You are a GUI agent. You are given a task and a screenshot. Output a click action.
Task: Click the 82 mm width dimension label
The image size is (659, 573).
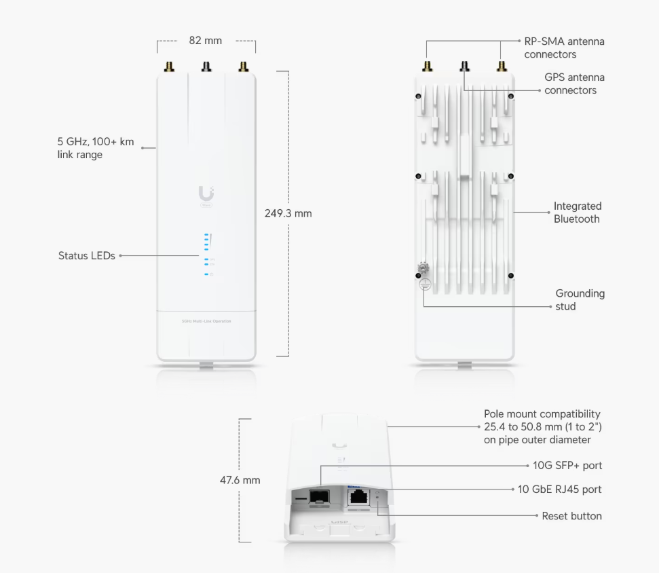205,41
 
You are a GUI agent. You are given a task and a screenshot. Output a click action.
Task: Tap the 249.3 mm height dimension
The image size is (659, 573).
288,213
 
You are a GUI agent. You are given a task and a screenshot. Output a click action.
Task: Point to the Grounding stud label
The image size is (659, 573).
580,300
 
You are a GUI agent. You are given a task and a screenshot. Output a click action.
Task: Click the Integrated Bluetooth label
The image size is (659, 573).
577,212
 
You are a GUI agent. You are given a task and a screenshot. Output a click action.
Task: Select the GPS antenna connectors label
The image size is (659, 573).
573,84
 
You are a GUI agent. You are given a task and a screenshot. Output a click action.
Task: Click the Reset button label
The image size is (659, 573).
571,516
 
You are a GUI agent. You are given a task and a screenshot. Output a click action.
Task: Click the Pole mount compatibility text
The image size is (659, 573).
542,426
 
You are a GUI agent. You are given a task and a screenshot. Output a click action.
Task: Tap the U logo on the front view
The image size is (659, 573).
206,193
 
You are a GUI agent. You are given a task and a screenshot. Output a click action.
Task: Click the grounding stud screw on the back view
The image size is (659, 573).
424,270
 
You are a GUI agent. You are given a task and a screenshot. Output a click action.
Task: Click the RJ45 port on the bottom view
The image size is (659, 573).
358,496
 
